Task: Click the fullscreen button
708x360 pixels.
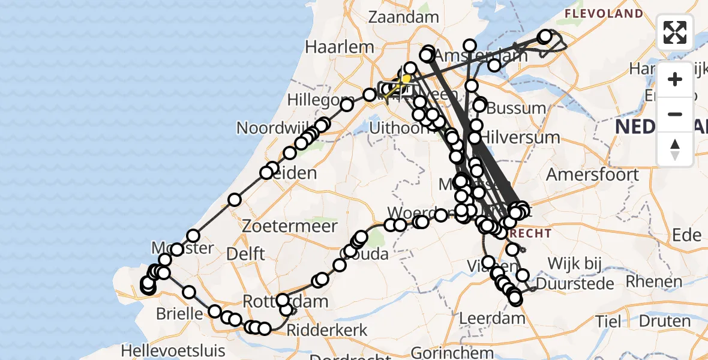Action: click(x=675, y=32)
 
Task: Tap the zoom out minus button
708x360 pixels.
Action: click(x=675, y=114)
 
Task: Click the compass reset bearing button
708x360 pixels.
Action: click(x=675, y=149)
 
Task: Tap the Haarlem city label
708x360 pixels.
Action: click(x=332, y=46)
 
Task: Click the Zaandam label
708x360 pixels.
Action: click(x=404, y=17)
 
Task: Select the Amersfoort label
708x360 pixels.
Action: click(x=592, y=175)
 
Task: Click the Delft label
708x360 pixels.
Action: click(x=245, y=254)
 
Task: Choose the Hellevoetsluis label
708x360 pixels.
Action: click(x=173, y=350)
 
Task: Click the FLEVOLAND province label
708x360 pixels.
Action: click(x=604, y=13)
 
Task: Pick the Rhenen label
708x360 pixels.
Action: click(x=655, y=281)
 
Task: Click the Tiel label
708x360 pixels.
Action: click(x=608, y=321)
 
